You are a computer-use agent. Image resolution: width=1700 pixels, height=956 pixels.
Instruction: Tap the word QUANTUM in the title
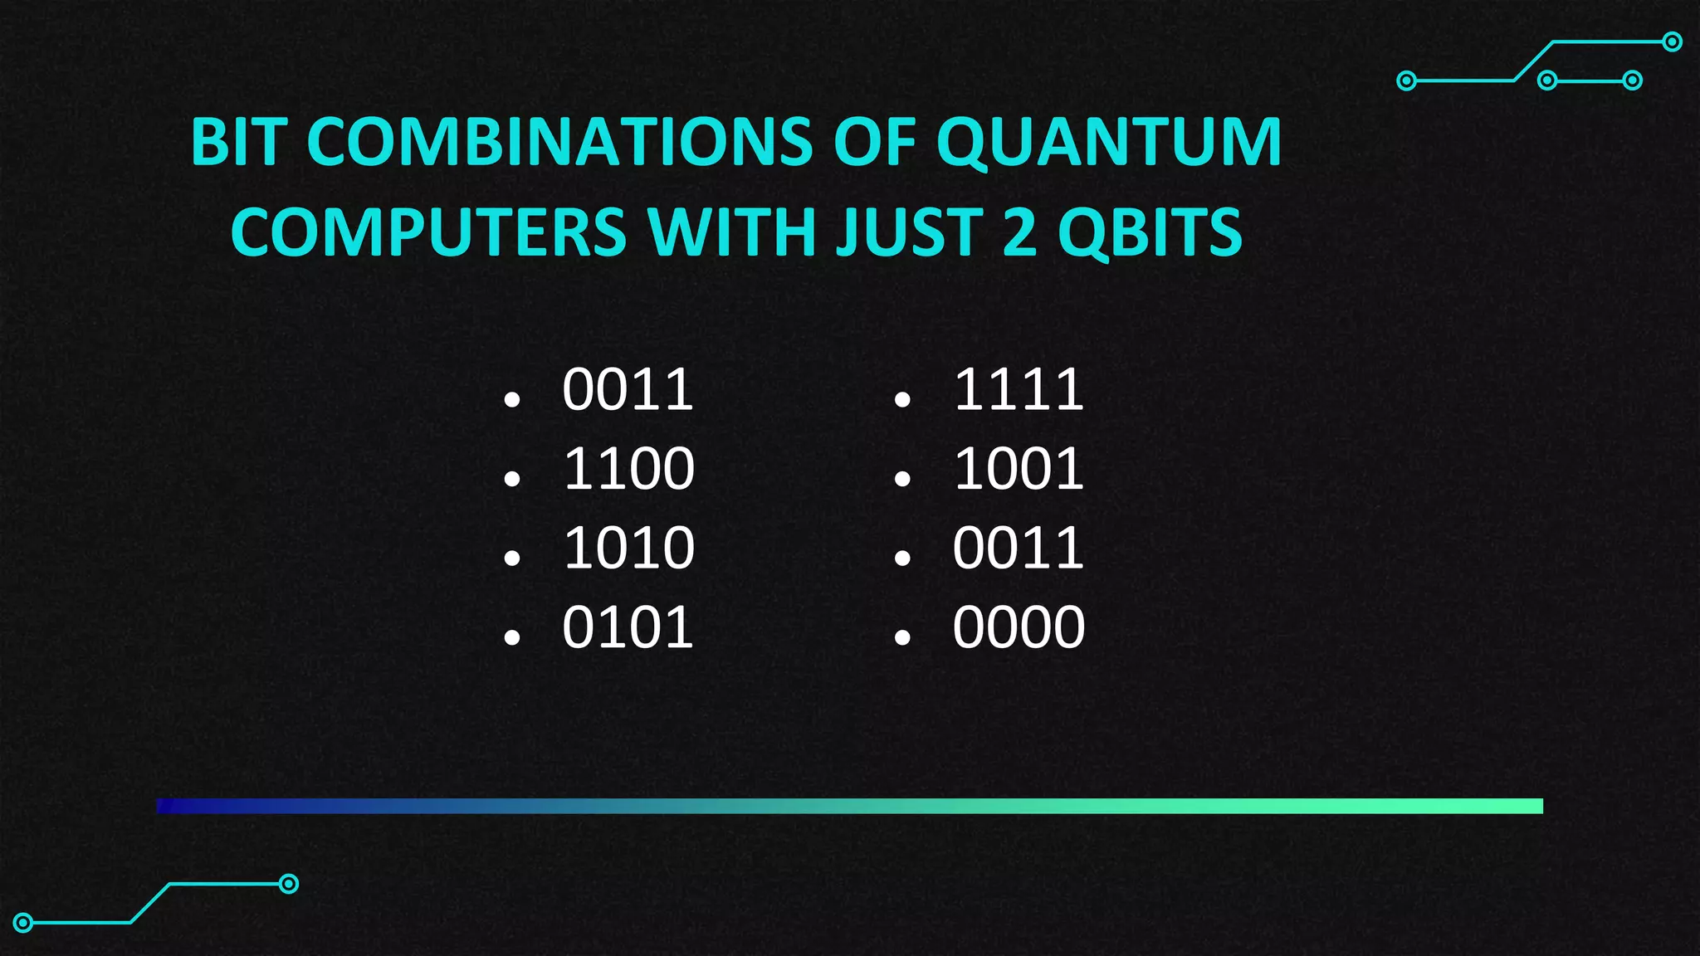tap(1109, 144)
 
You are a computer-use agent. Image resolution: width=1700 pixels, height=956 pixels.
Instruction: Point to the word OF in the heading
tap(874, 142)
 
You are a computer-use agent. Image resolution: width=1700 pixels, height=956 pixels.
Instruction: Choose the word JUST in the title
tap(909, 232)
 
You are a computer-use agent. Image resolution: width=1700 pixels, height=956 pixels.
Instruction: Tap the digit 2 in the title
tap(1020, 232)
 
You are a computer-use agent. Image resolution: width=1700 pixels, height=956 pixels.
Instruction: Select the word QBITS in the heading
tap(1150, 233)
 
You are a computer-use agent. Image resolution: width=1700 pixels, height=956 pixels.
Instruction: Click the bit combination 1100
tap(628, 469)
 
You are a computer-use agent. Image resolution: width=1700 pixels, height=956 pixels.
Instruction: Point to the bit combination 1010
tap(628, 548)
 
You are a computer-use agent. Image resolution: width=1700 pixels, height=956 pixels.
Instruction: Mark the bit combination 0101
tap(628, 627)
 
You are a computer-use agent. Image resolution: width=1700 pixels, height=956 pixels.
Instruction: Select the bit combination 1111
tap(1019, 389)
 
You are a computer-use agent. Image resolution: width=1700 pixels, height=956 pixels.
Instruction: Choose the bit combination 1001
tap(1019, 469)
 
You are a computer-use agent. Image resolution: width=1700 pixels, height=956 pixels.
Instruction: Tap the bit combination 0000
tap(1019, 627)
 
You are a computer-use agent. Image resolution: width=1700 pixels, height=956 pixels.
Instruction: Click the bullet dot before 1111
tap(902, 400)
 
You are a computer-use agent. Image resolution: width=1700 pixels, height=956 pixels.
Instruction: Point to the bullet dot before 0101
tap(511, 637)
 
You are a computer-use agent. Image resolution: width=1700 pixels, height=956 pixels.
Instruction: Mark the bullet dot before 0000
tap(902, 637)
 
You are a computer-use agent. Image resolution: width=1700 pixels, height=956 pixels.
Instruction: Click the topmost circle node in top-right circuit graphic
tap(1673, 41)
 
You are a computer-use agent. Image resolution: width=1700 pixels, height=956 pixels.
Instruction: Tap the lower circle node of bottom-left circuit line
tap(23, 922)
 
